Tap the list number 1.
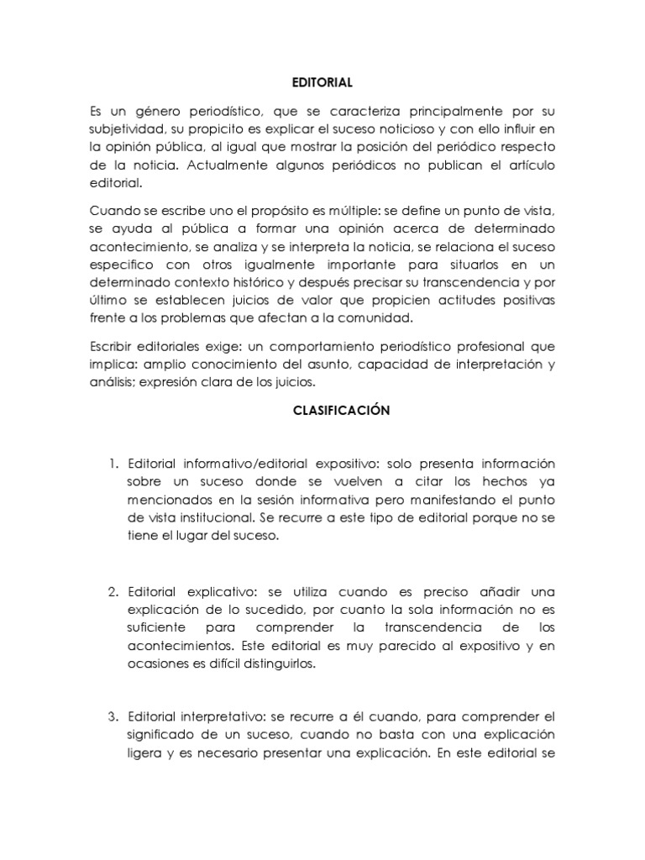click(x=113, y=464)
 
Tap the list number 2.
click(x=113, y=591)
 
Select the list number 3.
click(x=113, y=718)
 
